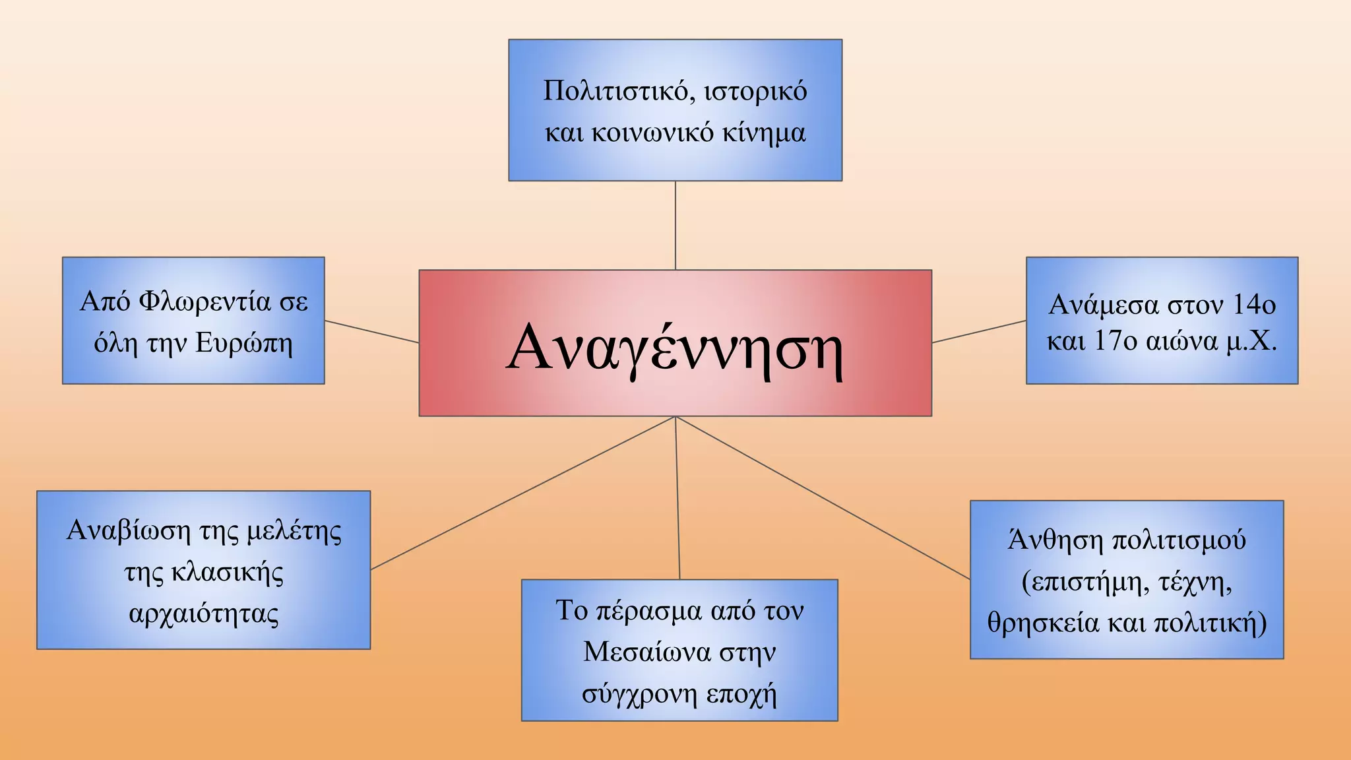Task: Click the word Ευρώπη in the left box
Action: point(244,343)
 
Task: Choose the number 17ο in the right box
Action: point(1116,341)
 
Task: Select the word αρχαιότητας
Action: point(204,614)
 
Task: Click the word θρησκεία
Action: point(1042,623)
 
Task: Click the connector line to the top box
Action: point(675,225)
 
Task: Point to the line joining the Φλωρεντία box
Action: point(371,332)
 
